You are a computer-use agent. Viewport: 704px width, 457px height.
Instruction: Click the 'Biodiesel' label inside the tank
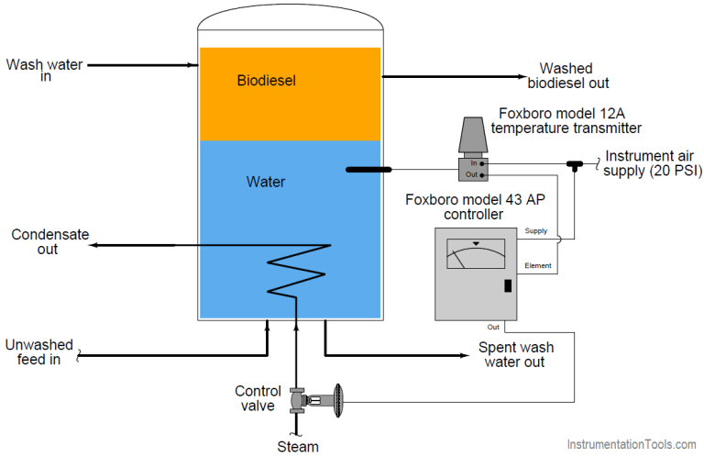[x=266, y=81]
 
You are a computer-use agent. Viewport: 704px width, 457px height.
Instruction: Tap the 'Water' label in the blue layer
[x=266, y=182]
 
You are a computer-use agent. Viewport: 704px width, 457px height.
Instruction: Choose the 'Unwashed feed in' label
[x=38, y=351]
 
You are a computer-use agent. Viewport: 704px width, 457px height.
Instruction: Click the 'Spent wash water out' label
[x=516, y=355]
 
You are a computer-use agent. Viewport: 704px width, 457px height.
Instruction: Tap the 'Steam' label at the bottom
[x=298, y=447]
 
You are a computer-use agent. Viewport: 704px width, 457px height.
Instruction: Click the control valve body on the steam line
[x=297, y=401]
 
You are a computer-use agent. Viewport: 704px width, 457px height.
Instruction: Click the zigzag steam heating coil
[x=296, y=271]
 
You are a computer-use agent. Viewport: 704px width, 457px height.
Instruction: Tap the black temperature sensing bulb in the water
[x=368, y=170]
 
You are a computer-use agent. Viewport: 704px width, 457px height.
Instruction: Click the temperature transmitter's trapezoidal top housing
[x=472, y=135]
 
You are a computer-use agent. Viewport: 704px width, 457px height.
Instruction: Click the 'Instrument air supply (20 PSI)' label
[x=647, y=162]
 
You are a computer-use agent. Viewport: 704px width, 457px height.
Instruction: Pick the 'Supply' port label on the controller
[x=536, y=231]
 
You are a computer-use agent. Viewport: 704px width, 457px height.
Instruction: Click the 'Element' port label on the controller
[x=538, y=266]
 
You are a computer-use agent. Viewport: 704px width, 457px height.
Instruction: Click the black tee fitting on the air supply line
[x=576, y=164]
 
